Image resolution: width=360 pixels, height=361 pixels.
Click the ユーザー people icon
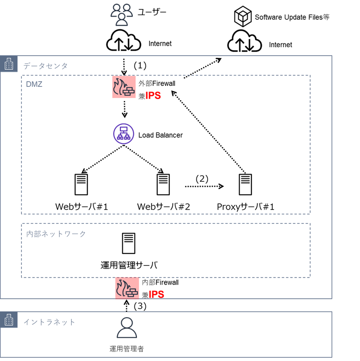[122, 14]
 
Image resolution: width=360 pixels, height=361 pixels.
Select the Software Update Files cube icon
[242, 17]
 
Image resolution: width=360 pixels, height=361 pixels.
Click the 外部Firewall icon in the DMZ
[124, 88]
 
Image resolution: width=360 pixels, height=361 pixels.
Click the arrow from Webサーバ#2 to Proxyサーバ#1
[203, 187]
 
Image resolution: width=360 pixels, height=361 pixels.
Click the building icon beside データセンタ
[9, 65]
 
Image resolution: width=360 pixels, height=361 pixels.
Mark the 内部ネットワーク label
[56, 234]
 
